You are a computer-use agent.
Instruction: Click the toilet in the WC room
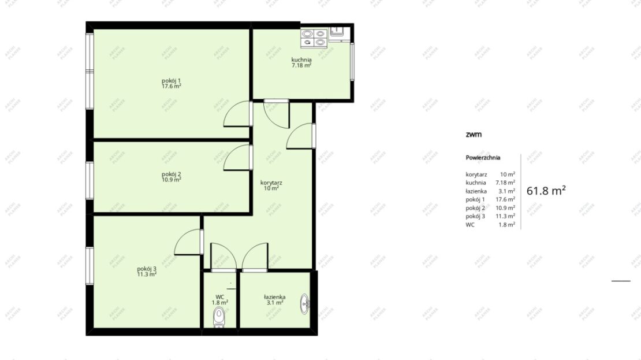click(x=219, y=317)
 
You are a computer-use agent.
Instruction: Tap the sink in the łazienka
click(x=304, y=303)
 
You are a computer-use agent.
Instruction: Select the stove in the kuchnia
click(x=314, y=38)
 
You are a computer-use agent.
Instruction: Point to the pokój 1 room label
click(x=172, y=83)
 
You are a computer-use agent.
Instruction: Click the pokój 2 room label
click(x=172, y=177)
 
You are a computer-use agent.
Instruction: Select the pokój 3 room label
click(x=147, y=272)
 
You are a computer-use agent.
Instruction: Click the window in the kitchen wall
click(x=352, y=61)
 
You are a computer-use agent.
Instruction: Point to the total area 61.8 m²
click(x=546, y=191)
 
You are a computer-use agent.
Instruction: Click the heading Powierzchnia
click(x=483, y=158)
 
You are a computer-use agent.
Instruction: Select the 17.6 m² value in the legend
click(x=505, y=199)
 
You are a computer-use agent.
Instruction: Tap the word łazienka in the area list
click(x=476, y=191)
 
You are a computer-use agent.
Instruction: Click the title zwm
click(x=474, y=134)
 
